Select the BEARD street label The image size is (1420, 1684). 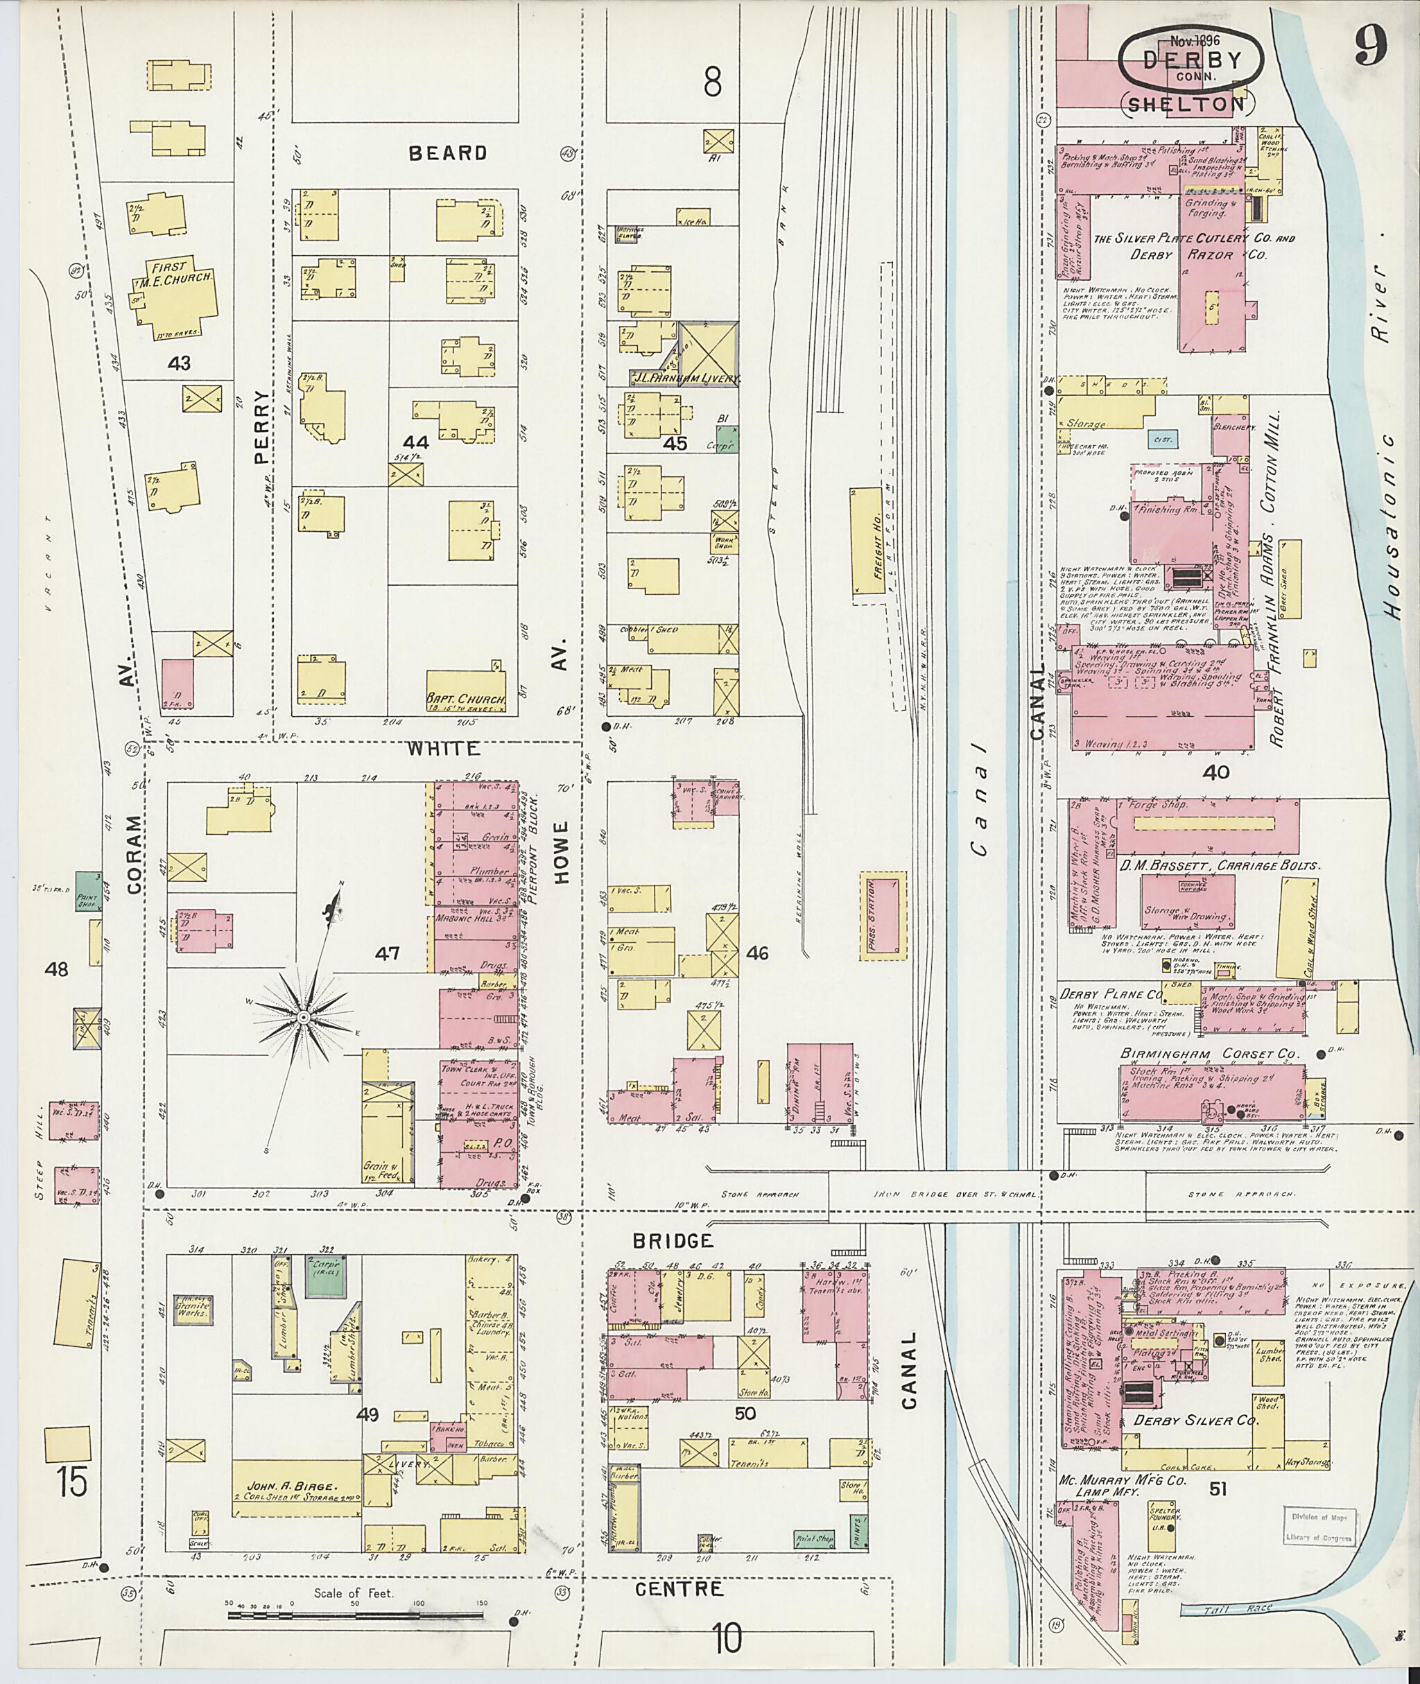point(448,153)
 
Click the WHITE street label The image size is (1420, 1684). point(443,749)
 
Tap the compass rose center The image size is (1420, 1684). point(304,1018)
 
